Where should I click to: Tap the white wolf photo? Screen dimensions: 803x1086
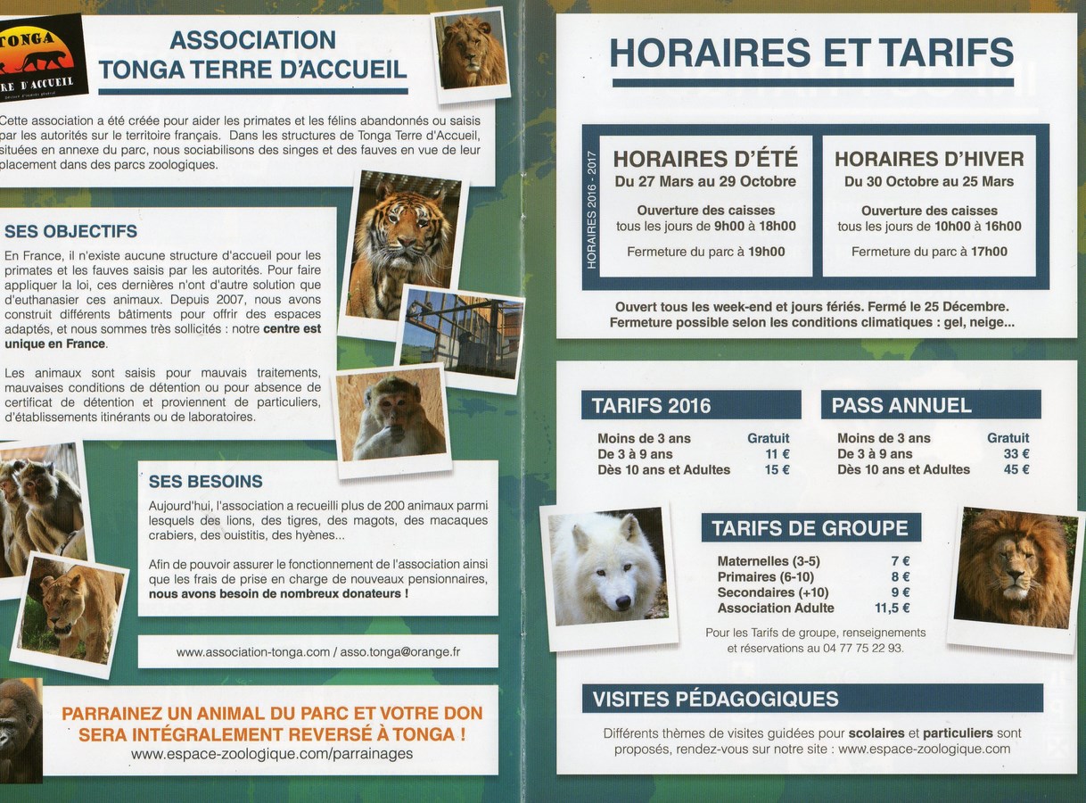coord(608,568)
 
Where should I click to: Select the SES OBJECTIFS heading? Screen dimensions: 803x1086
coord(71,232)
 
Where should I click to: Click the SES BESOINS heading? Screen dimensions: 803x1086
coord(205,482)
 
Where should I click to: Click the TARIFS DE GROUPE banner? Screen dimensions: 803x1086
coord(810,528)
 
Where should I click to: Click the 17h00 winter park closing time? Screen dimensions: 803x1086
coord(989,252)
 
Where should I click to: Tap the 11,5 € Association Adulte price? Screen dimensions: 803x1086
coord(892,608)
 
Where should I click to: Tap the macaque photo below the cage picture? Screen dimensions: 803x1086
coord(392,417)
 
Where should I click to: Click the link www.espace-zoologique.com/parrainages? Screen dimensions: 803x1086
coord(272,754)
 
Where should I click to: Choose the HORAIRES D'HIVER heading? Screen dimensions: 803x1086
coord(929,160)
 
